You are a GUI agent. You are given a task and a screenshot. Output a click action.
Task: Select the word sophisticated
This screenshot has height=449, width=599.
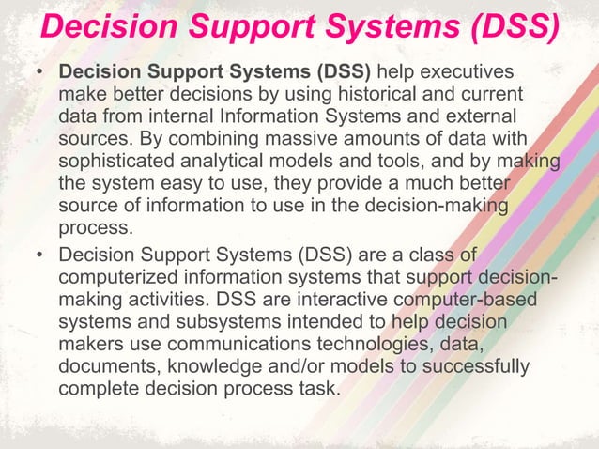pyautogui.click(x=117, y=161)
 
